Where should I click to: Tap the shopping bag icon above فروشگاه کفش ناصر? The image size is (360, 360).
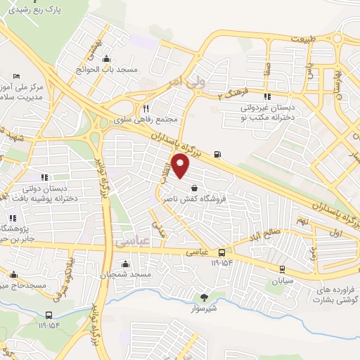pyautogui.click(x=193, y=187)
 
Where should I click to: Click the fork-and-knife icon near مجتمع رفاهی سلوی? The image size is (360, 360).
pyautogui.click(x=146, y=108)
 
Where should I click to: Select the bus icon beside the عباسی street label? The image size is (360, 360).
pyautogui.click(x=222, y=252)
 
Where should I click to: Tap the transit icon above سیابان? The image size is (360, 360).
pyautogui.click(x=281, y=269)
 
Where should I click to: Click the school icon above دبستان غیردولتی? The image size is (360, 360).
pyautogui.click(x=266, y=96)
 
